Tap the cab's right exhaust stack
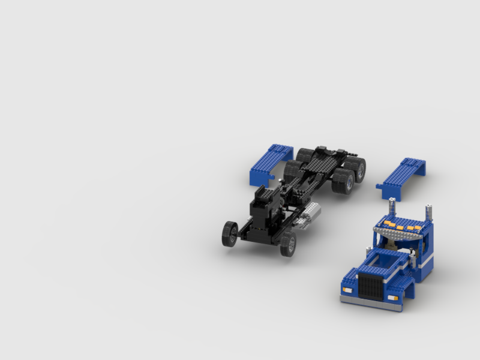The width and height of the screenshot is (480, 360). pyautogui.click(x=429, y=212)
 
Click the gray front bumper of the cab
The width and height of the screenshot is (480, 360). pyautogui.click(x=371, y=302)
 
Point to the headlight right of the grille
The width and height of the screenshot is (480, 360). pyautogui.click(x=393, y=297)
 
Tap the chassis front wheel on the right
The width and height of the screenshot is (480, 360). pyautogui.click(x=289, y=244)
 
